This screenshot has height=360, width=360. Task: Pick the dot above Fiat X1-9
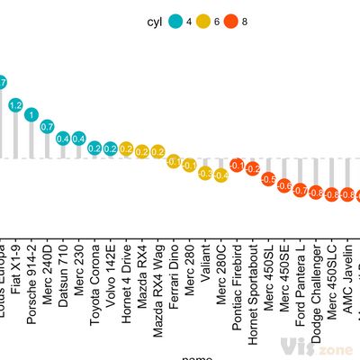[x=15, y=105]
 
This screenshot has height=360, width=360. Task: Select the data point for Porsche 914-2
[x=31, y=115]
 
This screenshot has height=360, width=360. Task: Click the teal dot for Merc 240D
[x=47, y=126]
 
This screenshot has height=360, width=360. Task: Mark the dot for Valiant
[x=205, y=172]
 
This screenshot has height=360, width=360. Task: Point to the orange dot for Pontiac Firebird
[x=237, y=166]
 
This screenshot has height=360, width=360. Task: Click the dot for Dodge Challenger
[x=316, y=192]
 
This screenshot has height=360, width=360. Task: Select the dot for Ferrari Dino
[x=174, y=163]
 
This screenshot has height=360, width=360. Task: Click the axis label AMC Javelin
[x=347, y=275]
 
